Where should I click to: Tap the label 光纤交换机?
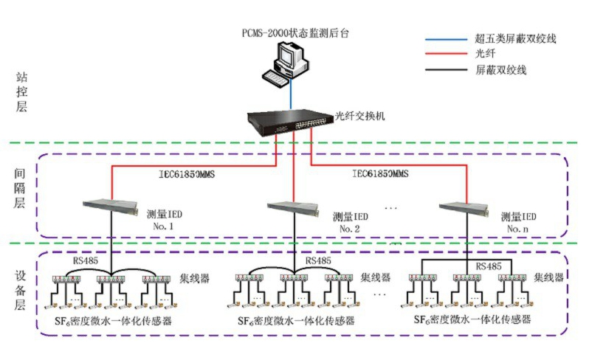(x=359, y=117)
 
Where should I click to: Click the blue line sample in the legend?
(x=446, y=38)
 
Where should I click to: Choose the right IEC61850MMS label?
(x=378, y=174)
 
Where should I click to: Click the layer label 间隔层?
(x=21, y=188)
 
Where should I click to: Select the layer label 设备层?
(x=21, y=289)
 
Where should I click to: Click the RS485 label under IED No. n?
(x=488, y=266)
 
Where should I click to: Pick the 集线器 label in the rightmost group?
(x=548, y=277)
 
